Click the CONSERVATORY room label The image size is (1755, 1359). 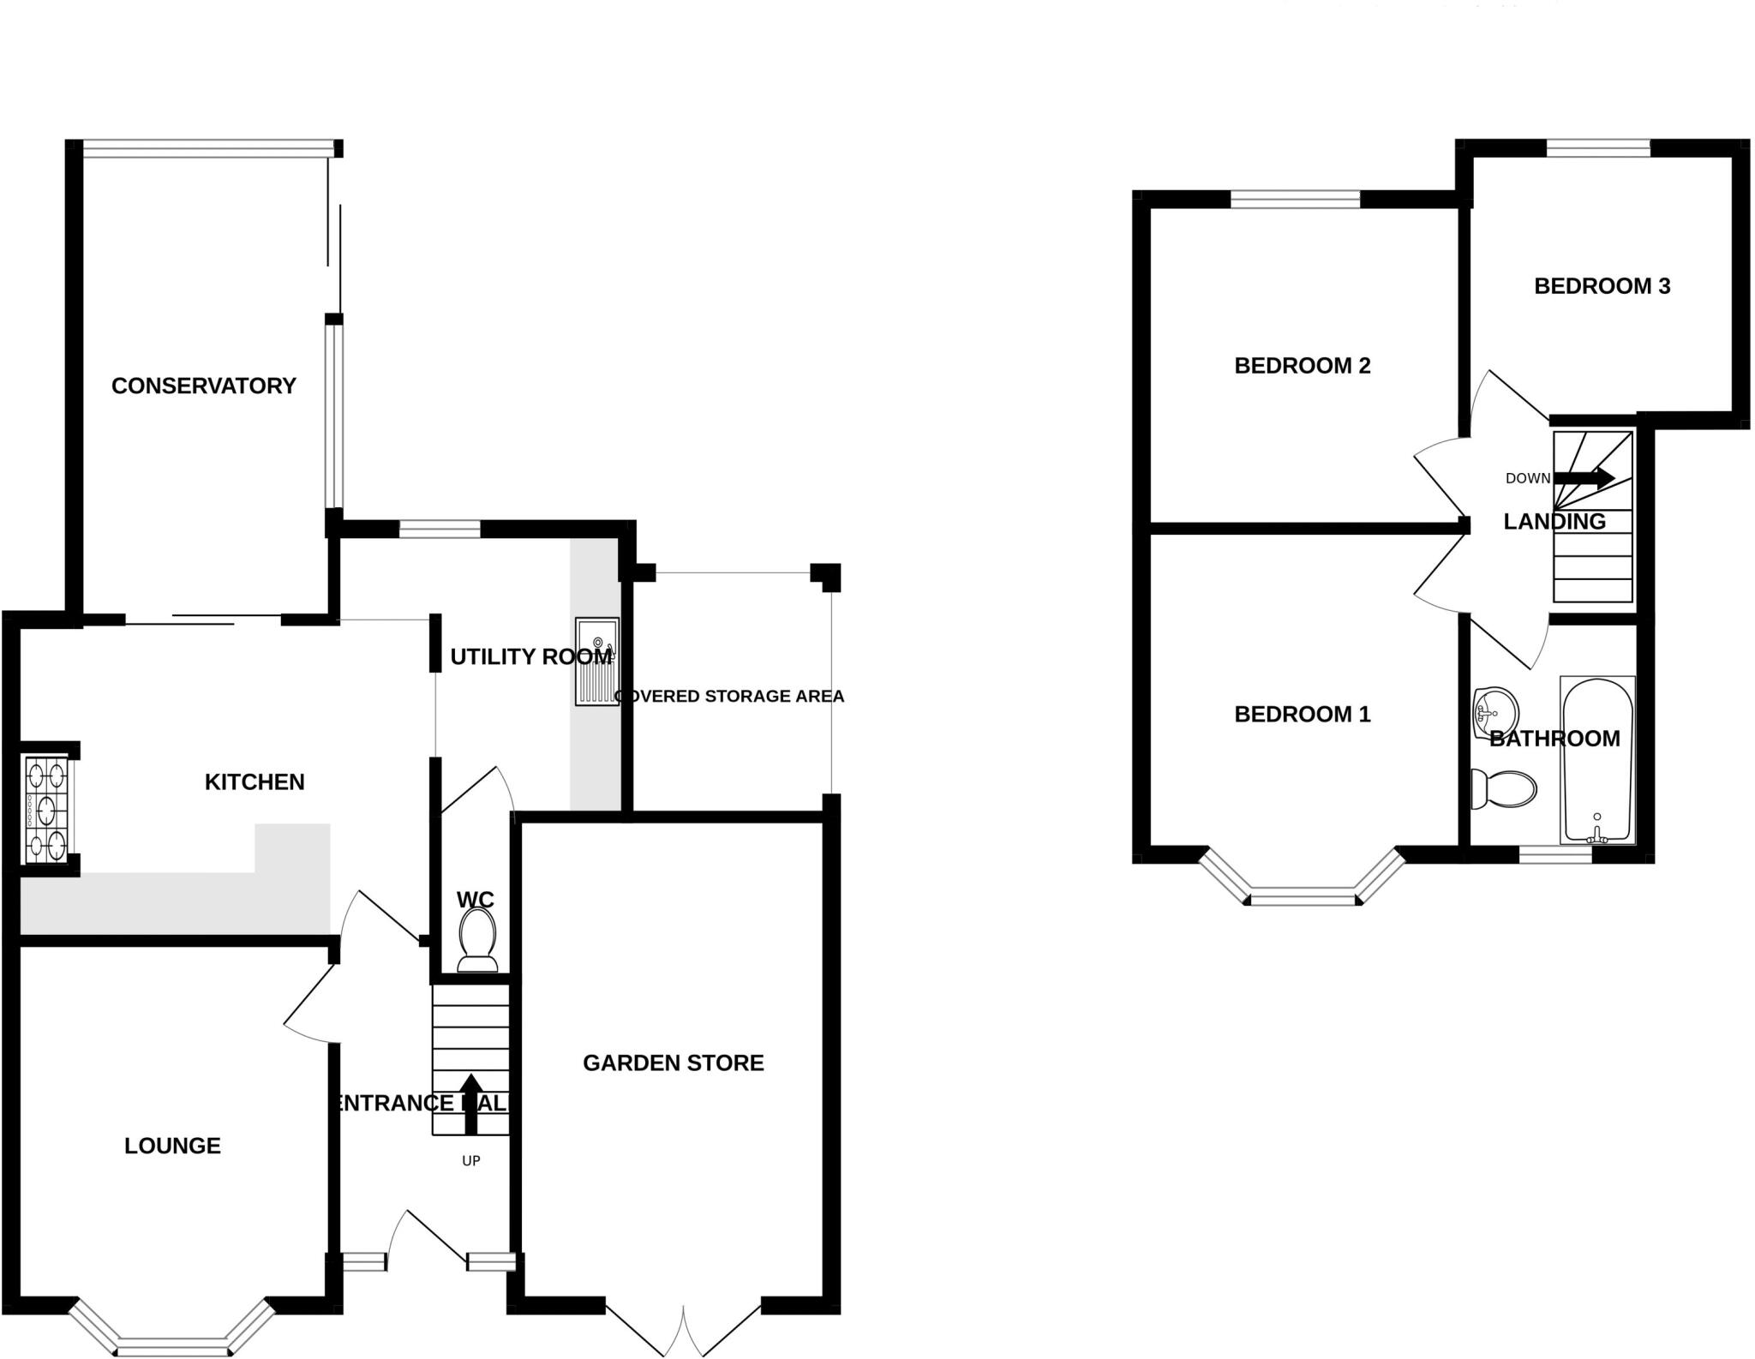tap(203, 386)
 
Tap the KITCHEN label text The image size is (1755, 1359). tap(255, 781)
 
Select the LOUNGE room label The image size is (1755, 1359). tap(172, 1146)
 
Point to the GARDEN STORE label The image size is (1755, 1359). tap(673, 1063)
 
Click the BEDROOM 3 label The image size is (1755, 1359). tap(1602, 286)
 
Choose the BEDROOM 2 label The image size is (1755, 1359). tap(1302, 366)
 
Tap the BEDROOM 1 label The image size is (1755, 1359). tap(1302, 714)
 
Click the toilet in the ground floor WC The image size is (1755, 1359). tap(477, 938)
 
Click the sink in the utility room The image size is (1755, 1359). tap(596, 661)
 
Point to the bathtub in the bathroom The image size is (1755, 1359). tap(1597, 759)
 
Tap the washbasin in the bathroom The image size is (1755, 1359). tap(1494, 712)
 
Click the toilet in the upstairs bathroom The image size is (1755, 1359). tap(1504, 788)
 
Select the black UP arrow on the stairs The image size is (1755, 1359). tap(470, 1103)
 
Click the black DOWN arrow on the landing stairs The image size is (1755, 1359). tap(1584, 478)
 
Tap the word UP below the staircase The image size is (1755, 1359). tap(470, 1161)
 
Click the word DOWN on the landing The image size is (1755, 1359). tap(1527, 478)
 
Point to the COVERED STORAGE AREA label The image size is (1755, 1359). tap(730, 696)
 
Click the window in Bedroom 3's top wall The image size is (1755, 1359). tap(1598, 149)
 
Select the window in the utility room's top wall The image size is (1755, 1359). tap(440, 529)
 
